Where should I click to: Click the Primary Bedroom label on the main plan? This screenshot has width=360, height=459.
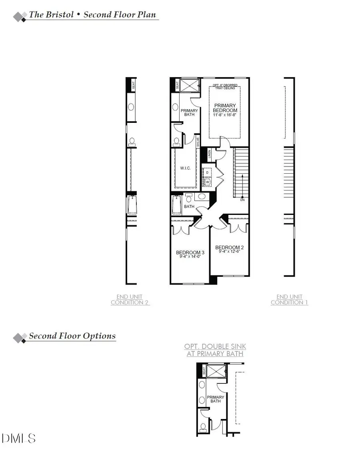(225, 108)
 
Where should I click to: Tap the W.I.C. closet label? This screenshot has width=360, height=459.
(186, 168)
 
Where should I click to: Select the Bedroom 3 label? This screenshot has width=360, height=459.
(190, 253)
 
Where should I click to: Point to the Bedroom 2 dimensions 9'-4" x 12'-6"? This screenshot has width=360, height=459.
(229, 252)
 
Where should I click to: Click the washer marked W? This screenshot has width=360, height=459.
(208, 182)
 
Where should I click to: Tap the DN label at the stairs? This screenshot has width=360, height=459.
(242, 200)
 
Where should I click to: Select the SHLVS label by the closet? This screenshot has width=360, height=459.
(197, 142)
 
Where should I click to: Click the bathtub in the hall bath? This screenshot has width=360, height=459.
(176, 204)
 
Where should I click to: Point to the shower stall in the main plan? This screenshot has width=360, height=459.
(189, 86)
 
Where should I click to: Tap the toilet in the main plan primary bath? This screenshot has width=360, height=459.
(177, 140)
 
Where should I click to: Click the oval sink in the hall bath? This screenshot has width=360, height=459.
(202, 196)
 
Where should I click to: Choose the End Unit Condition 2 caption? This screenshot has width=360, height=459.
(130, 300)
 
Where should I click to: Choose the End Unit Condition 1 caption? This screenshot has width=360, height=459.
(289, 300)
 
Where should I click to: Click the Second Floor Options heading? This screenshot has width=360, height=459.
(72, 336)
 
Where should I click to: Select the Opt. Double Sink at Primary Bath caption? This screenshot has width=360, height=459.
(215, 350)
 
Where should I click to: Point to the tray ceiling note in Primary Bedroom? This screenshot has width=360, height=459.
(225, 86)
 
